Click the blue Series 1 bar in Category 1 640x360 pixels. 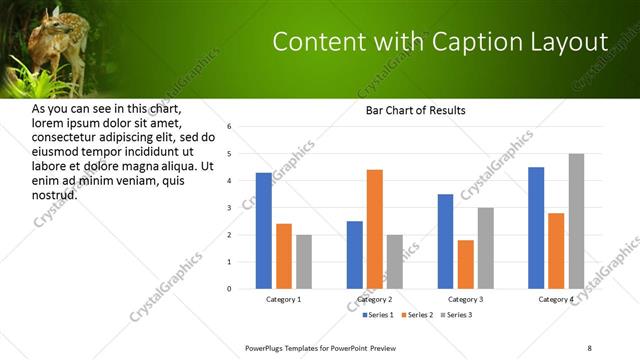264,231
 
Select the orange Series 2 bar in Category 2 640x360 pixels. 375,229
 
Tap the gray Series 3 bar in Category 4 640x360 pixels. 576,221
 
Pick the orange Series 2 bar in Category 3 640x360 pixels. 466,264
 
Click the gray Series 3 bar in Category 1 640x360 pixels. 304,262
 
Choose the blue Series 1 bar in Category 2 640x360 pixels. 355,255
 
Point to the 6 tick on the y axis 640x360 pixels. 229,127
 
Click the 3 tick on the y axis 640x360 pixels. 229,208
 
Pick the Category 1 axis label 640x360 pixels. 284,300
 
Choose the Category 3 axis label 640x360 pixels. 466,300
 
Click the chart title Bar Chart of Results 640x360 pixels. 415,110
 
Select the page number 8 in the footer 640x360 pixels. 589,347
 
